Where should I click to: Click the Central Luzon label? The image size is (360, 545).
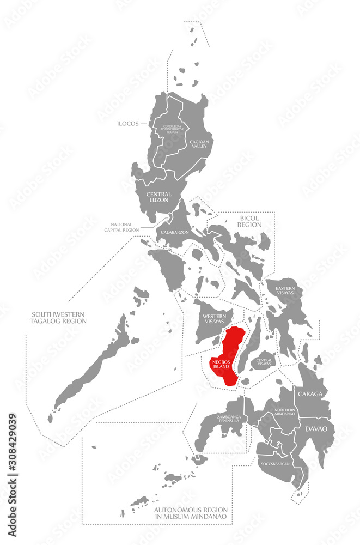[x=158, y=197]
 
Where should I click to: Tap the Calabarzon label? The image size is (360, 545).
[x=175, y=232]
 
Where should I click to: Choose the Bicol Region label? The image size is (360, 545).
[x=249, y=221]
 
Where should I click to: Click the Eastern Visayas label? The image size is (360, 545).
[x=285, y=289]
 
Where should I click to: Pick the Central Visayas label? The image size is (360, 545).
[x=265, y=361]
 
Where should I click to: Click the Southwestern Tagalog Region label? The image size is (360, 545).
[x=59, y=317]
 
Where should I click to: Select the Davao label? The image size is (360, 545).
[x=316, y=429]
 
